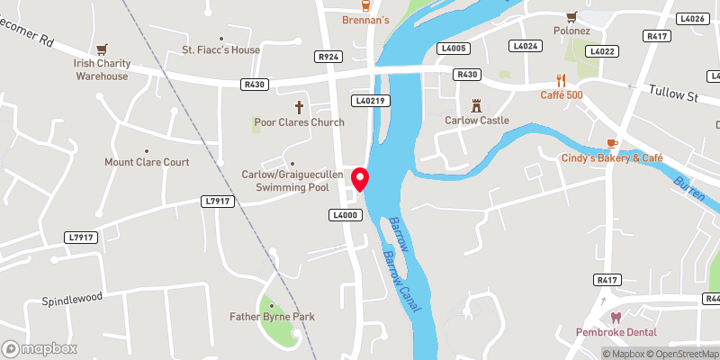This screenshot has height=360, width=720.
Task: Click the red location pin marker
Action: (360, 179)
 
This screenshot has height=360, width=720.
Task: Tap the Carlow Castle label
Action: (477, 120)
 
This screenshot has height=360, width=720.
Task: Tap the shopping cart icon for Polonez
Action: (571, 16)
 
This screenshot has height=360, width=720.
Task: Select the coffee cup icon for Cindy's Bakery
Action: (612, 142)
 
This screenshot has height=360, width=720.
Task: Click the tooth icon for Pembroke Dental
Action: (616, 318)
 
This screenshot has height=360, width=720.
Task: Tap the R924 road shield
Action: (328, 56)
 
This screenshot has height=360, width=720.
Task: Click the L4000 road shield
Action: (346, 215)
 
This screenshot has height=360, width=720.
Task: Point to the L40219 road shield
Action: (370, 101)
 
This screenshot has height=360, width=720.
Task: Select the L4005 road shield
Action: (452, 48)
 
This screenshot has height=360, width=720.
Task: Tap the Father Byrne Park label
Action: (271, 317)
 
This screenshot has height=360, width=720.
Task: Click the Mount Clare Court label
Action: (147, 163)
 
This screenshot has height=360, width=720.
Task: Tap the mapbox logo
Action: (39, 348)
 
